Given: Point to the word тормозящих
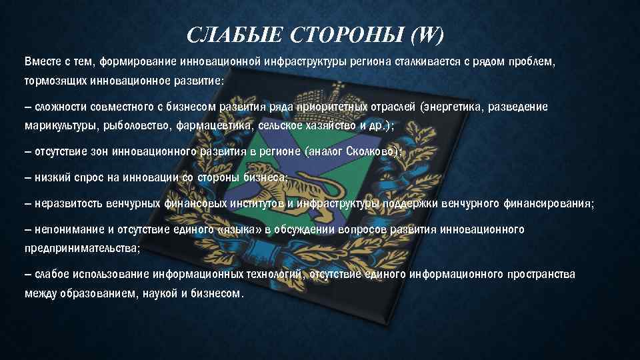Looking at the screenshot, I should tap(54, 80).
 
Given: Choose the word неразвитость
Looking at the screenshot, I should tap(65, 203).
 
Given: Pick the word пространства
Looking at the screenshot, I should tap(538, 274).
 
